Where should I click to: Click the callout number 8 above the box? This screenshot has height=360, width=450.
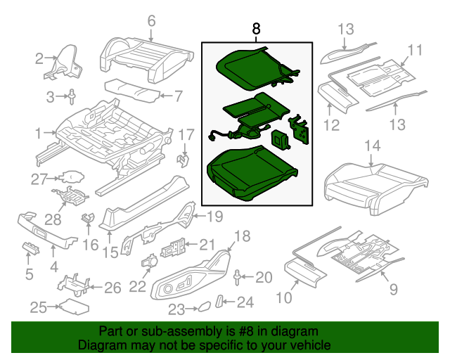[x=256, y=29]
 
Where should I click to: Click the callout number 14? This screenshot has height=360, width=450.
[x=372, y=146]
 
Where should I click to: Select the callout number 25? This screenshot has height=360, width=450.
[x=39, y=307]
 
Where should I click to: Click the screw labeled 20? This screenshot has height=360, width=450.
[x=238, y=276]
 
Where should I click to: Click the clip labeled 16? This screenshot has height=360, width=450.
[x=89, y=218]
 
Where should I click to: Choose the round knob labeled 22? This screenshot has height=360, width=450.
[x=150, y=262]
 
